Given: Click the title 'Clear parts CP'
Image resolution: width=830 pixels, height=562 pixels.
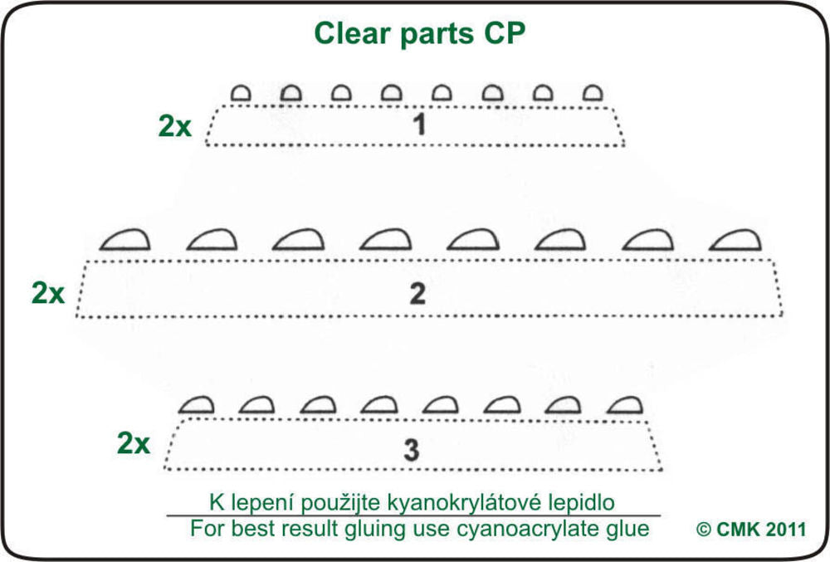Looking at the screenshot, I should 419,34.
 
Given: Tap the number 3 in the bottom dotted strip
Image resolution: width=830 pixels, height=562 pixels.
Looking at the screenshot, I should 411,449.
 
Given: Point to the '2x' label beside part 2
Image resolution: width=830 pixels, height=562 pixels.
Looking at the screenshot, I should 48,293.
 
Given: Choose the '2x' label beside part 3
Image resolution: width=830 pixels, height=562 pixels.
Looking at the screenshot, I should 134,443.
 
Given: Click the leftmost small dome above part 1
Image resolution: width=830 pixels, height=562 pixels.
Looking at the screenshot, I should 241,93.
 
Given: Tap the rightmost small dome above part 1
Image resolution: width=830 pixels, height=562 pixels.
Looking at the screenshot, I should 591,93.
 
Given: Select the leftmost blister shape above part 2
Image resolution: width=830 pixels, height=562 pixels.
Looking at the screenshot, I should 124,240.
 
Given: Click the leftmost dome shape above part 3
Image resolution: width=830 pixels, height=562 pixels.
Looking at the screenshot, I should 197,404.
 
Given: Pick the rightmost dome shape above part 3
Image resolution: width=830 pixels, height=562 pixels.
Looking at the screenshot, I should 625,404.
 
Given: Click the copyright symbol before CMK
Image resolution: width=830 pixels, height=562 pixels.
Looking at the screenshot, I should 704,529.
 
